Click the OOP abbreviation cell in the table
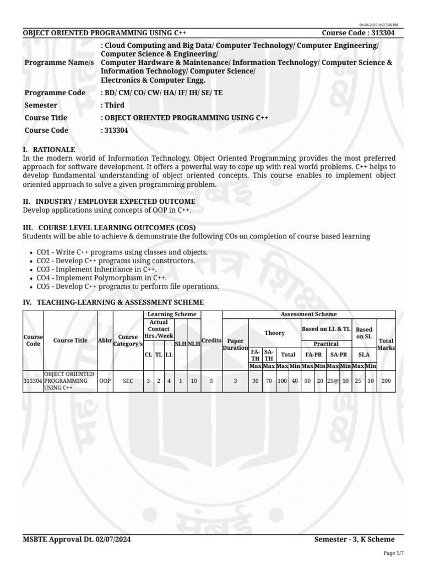pos(105,381)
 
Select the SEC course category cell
pos(128,381)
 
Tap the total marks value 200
pos(386,381)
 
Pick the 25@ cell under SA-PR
pos(332,381)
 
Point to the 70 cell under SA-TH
pos(269,381)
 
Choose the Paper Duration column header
pos(235,344)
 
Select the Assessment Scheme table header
pos(308,314)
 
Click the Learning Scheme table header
pos(172,314)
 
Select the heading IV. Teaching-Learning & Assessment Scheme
pos(113,302)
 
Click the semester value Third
pos(113,105)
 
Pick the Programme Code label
pos(55,93)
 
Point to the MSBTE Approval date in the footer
pos(77,539)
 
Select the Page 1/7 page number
pos(393,553)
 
